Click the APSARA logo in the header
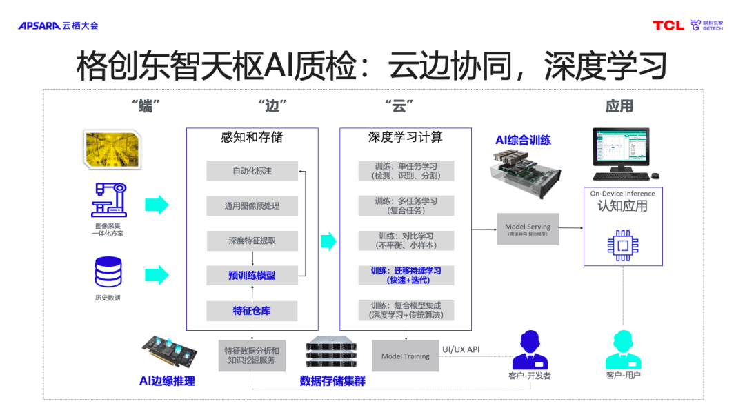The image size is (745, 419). [40, 25]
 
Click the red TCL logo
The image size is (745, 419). [668, 25]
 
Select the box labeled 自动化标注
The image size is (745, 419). [252, 171]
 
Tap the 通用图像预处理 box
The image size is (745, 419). [252, 205]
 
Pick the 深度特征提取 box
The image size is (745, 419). [252, 241]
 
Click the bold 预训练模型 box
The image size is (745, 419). [252, 275]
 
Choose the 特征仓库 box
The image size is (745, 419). [252, 311]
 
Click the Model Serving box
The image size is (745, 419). [528, 229]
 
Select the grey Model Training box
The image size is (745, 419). [406, 356]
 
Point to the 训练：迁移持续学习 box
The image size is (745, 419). [406, 275]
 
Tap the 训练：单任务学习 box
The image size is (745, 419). [406, 171]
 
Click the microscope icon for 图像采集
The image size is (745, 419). [108, 200]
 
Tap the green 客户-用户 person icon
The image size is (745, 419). [623, 349]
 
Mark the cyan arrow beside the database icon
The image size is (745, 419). [157, 274]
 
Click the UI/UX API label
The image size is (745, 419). [460, 349]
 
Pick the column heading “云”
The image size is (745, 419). [398, 106]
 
